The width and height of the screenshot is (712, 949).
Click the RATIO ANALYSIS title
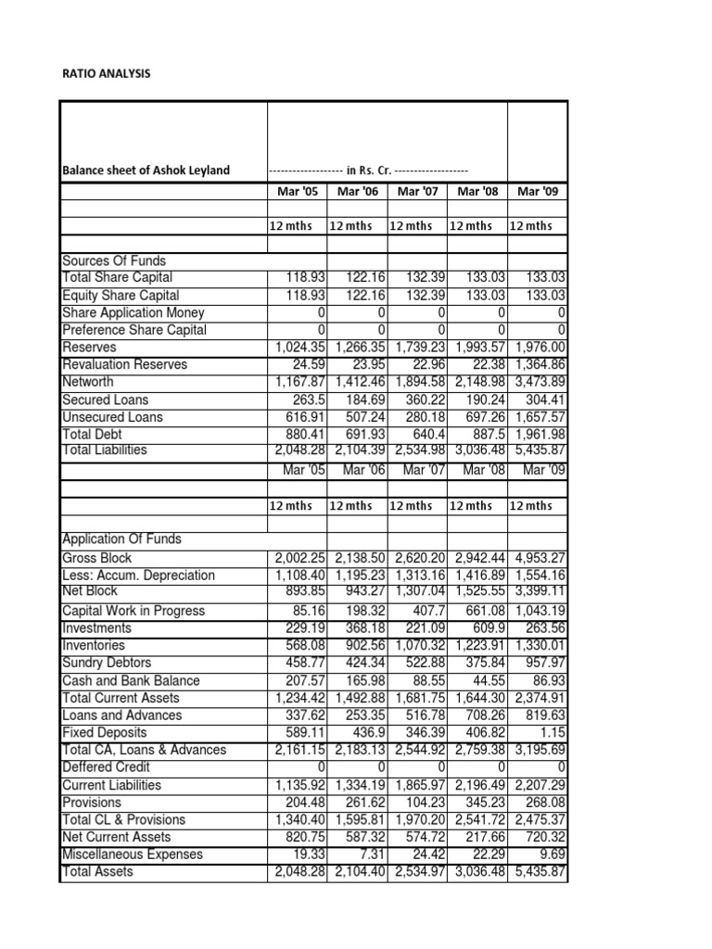[104, 72]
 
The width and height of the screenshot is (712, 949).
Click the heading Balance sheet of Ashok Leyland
[146, 171]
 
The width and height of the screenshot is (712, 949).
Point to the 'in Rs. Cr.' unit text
[368, 171]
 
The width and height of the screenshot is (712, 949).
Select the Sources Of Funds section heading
[113, 260]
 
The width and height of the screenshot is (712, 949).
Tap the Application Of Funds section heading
[121, 539]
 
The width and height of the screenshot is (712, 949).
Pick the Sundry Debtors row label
[107, 663]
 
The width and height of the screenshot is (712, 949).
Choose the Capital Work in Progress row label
[133, 611]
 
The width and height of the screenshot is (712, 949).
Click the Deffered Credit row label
[106, 767]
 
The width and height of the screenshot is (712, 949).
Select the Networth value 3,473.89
[538, 382]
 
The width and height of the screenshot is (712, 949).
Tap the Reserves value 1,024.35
[298, 348]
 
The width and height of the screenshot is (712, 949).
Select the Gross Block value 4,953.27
[538, 558]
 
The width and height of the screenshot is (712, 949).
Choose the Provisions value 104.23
[424, 803]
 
